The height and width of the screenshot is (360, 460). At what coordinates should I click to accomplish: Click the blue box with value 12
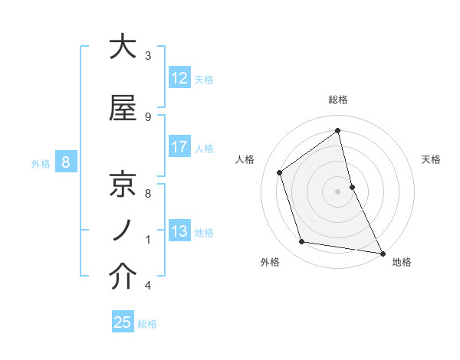click(179, 78)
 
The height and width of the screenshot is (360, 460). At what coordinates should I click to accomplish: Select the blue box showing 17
click(179, 147)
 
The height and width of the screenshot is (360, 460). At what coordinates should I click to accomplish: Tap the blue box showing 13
click(179, 231)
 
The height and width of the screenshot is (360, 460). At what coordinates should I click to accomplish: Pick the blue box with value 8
click(67, 162)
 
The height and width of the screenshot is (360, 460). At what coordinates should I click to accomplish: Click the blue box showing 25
click(123, 322)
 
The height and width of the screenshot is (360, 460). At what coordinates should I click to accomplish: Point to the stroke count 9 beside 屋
click(148, 116)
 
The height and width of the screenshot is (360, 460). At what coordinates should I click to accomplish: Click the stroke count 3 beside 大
click(148, 56)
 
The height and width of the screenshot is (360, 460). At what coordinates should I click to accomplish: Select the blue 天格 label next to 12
click(204, 79)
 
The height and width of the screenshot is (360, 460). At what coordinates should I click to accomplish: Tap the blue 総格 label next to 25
click(147, 323)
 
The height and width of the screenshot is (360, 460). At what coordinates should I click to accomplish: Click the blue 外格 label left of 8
click(40, 162)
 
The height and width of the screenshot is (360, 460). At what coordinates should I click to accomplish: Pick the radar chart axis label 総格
click(338, 100)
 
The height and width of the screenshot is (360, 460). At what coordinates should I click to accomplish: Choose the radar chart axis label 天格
click(431, 159)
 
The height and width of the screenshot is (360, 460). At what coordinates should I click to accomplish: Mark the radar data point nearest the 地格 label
click(382, 253)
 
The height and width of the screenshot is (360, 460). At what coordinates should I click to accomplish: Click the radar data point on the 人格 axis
click(280, 172)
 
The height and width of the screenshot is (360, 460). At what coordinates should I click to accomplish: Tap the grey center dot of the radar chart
click(337, 191)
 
